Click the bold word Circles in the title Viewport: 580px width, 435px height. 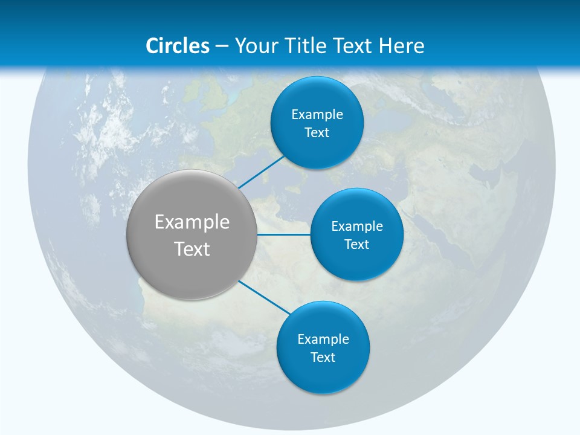(x=177, y=46)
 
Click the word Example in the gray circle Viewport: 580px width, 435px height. (x=192, y=222)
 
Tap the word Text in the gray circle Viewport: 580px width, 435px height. (x=192, y=249)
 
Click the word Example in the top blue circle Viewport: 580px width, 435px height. (x=317, y=115)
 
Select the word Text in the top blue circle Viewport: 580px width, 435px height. (x=317, y=133)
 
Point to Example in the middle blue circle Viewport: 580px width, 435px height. (x=357, y=227)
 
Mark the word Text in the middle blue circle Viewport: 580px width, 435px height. (x=357, y=245)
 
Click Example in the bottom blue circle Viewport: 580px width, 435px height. (x=323, y=340)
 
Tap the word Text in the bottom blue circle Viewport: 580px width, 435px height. (x=323, y=358)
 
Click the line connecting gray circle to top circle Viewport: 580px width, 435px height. (x=262, y=172)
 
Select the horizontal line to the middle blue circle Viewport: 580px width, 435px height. (x=284, y=234)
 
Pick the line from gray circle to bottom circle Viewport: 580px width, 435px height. (x=265, y=297)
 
